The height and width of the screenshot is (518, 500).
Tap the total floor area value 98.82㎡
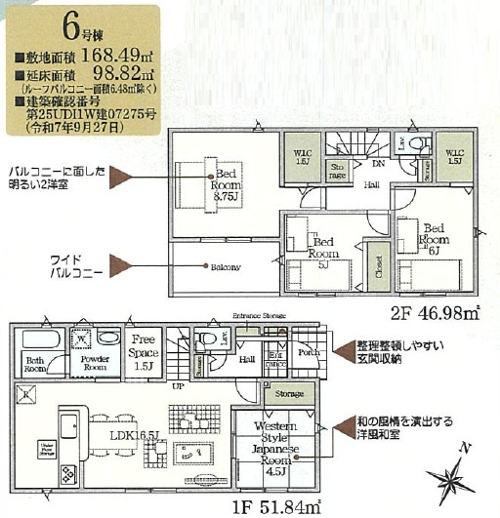105,73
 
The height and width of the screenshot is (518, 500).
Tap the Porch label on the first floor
306,352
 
